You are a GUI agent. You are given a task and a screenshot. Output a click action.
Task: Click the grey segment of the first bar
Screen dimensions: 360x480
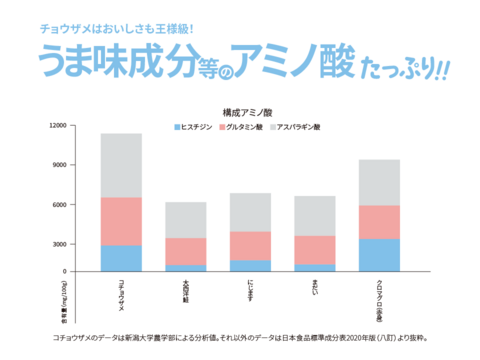[x=121, y=165]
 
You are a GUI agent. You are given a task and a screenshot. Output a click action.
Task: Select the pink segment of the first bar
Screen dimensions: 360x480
[x=121, y=221]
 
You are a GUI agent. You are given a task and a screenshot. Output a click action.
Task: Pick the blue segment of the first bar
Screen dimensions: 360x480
[x=121, y=258]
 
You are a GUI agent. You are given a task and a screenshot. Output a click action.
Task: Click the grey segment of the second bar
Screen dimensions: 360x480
[x=185, y=219]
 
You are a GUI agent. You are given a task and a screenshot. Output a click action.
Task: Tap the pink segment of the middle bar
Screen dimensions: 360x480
[x=250, y=245]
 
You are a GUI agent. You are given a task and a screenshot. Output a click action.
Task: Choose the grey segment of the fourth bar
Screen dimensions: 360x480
[x=314, y=215]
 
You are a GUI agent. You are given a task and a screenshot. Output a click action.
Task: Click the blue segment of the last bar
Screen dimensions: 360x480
[x=379, y=255]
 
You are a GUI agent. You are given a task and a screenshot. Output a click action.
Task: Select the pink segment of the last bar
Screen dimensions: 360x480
[x=379, y=222]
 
